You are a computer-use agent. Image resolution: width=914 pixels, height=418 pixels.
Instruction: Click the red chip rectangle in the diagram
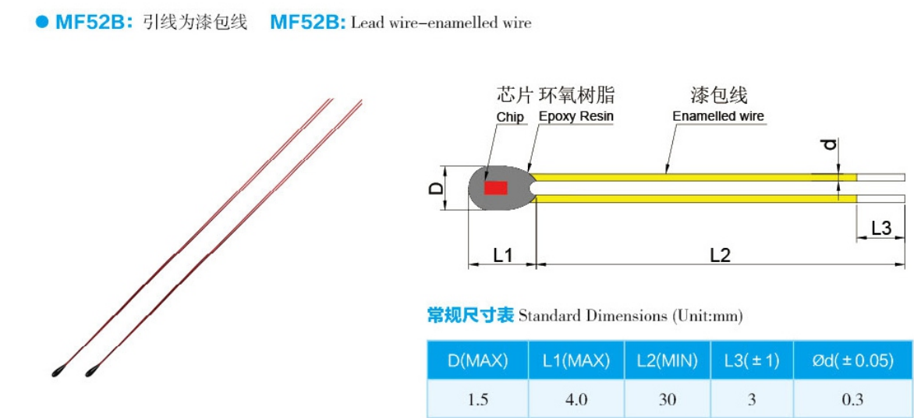click(x=495, y=188)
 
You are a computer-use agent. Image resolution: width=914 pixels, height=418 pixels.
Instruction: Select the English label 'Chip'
click(x=510, y=117)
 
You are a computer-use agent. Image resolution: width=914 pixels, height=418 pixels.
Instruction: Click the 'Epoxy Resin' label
click(x=576, y=116)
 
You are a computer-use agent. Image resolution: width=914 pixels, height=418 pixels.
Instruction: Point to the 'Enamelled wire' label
click(x=718, y=116)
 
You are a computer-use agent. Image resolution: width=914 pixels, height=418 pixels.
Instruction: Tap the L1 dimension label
click(x=503, y=254)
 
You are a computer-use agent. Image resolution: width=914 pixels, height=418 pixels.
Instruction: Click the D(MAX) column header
click(x=477, y=360)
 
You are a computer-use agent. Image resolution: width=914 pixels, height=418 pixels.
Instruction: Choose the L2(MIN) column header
click(x=666, y=360)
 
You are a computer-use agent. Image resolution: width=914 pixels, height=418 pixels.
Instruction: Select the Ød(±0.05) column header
click(x=852, y=360)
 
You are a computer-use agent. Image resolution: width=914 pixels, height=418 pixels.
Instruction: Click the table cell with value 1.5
click(x=477, y=399)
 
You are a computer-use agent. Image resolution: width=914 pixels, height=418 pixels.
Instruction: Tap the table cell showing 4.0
click(x=576, y=399)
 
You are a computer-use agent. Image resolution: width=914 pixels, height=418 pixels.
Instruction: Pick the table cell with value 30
click(x=667, y=399)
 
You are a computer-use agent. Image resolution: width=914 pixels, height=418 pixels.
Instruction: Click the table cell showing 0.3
click(x=852, y=399)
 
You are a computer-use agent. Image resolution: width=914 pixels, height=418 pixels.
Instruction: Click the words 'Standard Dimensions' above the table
click(x=591, y=316)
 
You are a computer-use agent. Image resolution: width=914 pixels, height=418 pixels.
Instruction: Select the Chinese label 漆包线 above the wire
click(x=718, y=95)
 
